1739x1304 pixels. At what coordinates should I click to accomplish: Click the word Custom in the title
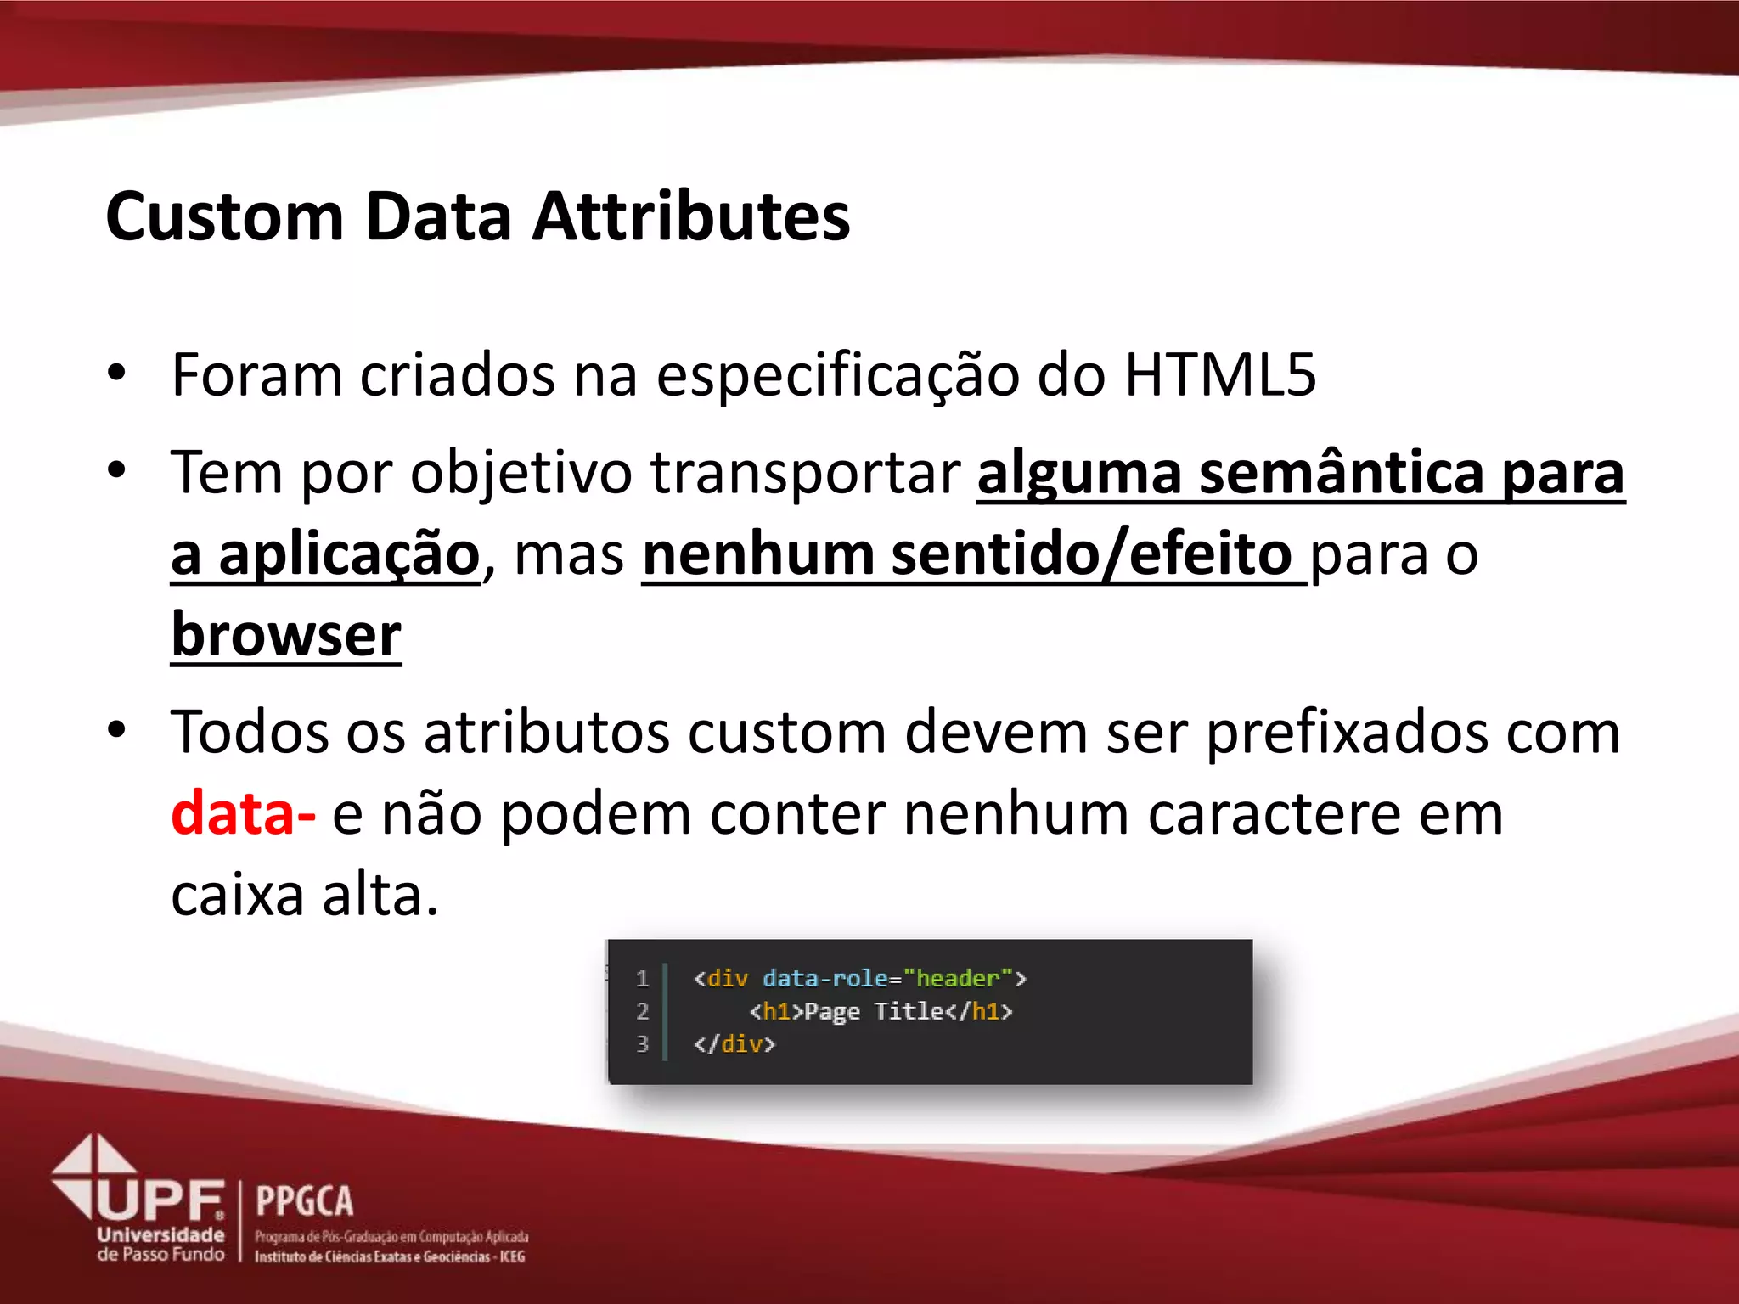click(x=224, y=216)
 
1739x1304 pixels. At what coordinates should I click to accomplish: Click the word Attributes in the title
click(x=691, y=216)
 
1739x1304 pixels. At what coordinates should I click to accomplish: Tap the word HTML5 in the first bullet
click(x=1219, y=374)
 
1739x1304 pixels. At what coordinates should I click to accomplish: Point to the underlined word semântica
click(x=1341, y=472)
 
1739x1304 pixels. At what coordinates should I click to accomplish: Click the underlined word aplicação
click(x=349, y=554)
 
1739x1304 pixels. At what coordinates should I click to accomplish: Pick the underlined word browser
click(x=286, y=635)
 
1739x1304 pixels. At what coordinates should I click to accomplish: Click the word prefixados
click(x=1347, y=732)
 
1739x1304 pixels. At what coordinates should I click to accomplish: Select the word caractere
click(x=1273, y=813)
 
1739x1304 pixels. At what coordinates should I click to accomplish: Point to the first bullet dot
click(x=117, y=373)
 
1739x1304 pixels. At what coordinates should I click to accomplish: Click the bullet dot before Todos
click(x=117, y=730)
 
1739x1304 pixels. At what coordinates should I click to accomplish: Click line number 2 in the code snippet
click(x=643, y=1011)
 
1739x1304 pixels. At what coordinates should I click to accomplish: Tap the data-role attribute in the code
click(x=824, y=979)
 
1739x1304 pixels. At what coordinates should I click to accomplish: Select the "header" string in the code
click(x=958, y=979)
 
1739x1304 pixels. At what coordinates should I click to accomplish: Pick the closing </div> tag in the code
click(x=734, y=1043)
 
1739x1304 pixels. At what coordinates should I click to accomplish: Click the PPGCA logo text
click(x=304, y=1201)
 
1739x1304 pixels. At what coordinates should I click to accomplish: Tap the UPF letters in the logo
click(x=160, y=1200)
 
